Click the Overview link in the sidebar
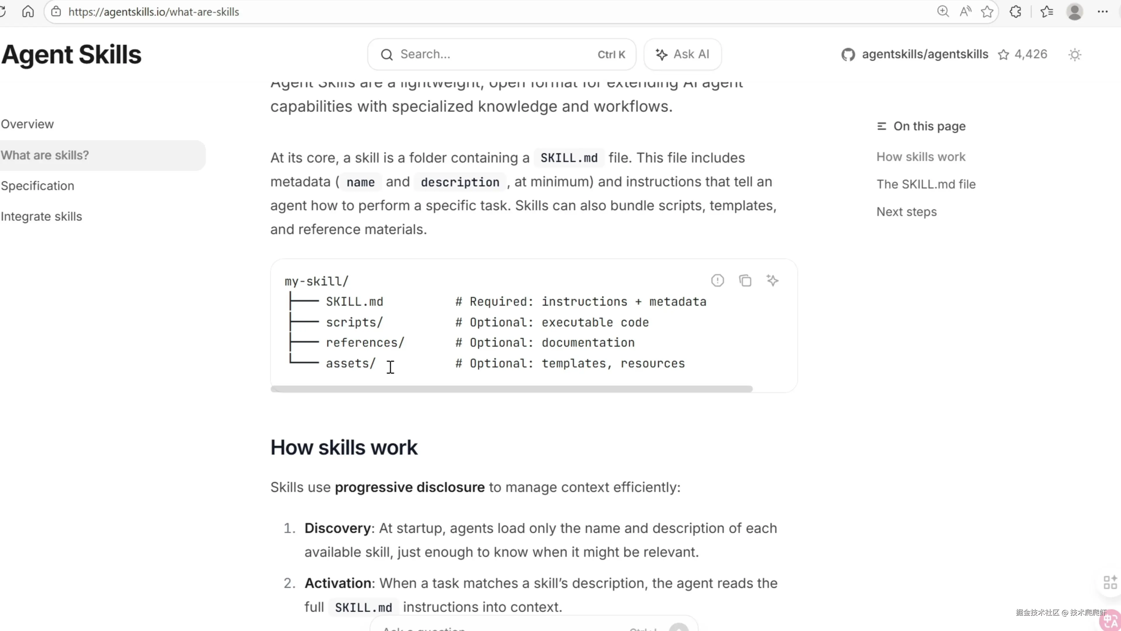(x=27, y=124)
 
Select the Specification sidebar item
(x=37, y=186)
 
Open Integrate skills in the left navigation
(x=41, y=216)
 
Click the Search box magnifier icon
(x=387, y=54)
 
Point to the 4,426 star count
(x=1031, y=54)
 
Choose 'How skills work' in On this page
(x=920, y=157)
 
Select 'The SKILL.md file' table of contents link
(x=926, y=184)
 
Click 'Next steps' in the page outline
(x=906, y=212)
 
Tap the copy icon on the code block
(x=745, y=280)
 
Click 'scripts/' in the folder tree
(x=354, y=322)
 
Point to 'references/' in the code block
(x=365, y=343)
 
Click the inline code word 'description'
(x=459, y=182)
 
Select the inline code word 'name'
(x=360, y=182)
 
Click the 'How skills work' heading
(x=344, y=447)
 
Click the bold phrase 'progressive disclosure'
(x=409, y=487)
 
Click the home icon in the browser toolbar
(x=28, y=12)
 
